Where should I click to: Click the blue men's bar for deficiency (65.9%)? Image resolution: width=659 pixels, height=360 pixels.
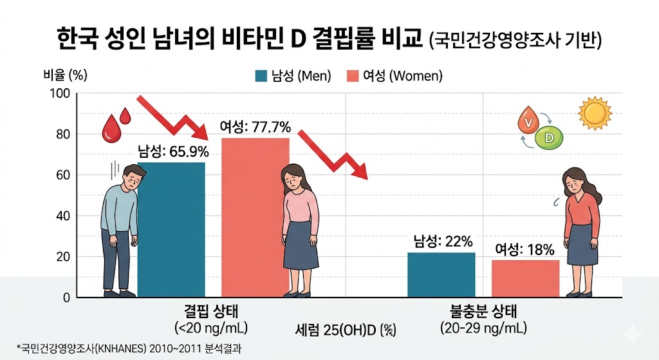[x=171, y=230]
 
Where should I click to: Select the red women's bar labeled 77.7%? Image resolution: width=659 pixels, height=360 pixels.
[x=255, y=218]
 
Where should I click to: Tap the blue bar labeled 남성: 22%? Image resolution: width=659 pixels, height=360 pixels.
[x=441, y=275]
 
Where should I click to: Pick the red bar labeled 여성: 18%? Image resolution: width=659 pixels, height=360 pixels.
[x=525, y=279]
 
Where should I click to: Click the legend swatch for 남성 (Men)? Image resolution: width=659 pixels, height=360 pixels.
[x=261, y=76]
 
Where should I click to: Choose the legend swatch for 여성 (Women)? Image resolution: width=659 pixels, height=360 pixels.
[x=353, y=76]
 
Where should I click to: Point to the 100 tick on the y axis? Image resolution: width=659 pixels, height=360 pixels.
[x=60, y=93]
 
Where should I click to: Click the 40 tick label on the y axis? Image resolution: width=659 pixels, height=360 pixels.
[x=63, y=216]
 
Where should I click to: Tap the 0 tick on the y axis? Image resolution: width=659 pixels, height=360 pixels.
[x=66, y=298]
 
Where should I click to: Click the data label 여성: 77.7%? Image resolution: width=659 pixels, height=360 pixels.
[x=255, y=127]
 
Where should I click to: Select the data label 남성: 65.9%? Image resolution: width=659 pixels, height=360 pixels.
[x=173, y=151]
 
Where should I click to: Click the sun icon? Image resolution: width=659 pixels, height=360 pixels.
[x=595, y=113]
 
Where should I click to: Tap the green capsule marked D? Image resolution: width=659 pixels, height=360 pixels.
[x=548, y=138]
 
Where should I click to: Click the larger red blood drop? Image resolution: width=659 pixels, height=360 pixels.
[x=111, y=129]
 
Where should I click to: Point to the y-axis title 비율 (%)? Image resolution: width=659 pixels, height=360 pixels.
[x=65, y=75]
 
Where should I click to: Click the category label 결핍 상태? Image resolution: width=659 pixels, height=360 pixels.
[x=211, y=312]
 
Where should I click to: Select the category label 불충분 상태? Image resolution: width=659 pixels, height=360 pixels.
[x=483, y=312]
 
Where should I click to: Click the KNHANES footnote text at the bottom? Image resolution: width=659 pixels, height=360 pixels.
[x=129, y=348]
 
